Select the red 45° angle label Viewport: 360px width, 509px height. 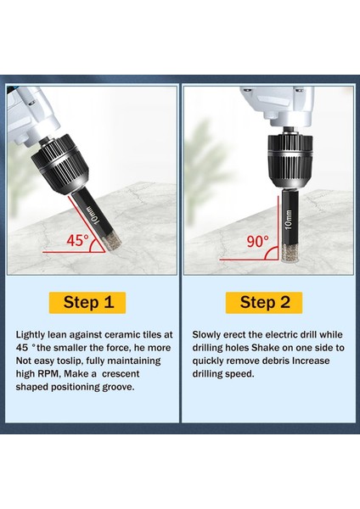click(x=78, y=240)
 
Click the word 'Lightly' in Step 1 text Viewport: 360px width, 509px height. click(x=32, y=334)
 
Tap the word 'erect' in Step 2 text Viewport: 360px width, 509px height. click(x=239, y=334)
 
